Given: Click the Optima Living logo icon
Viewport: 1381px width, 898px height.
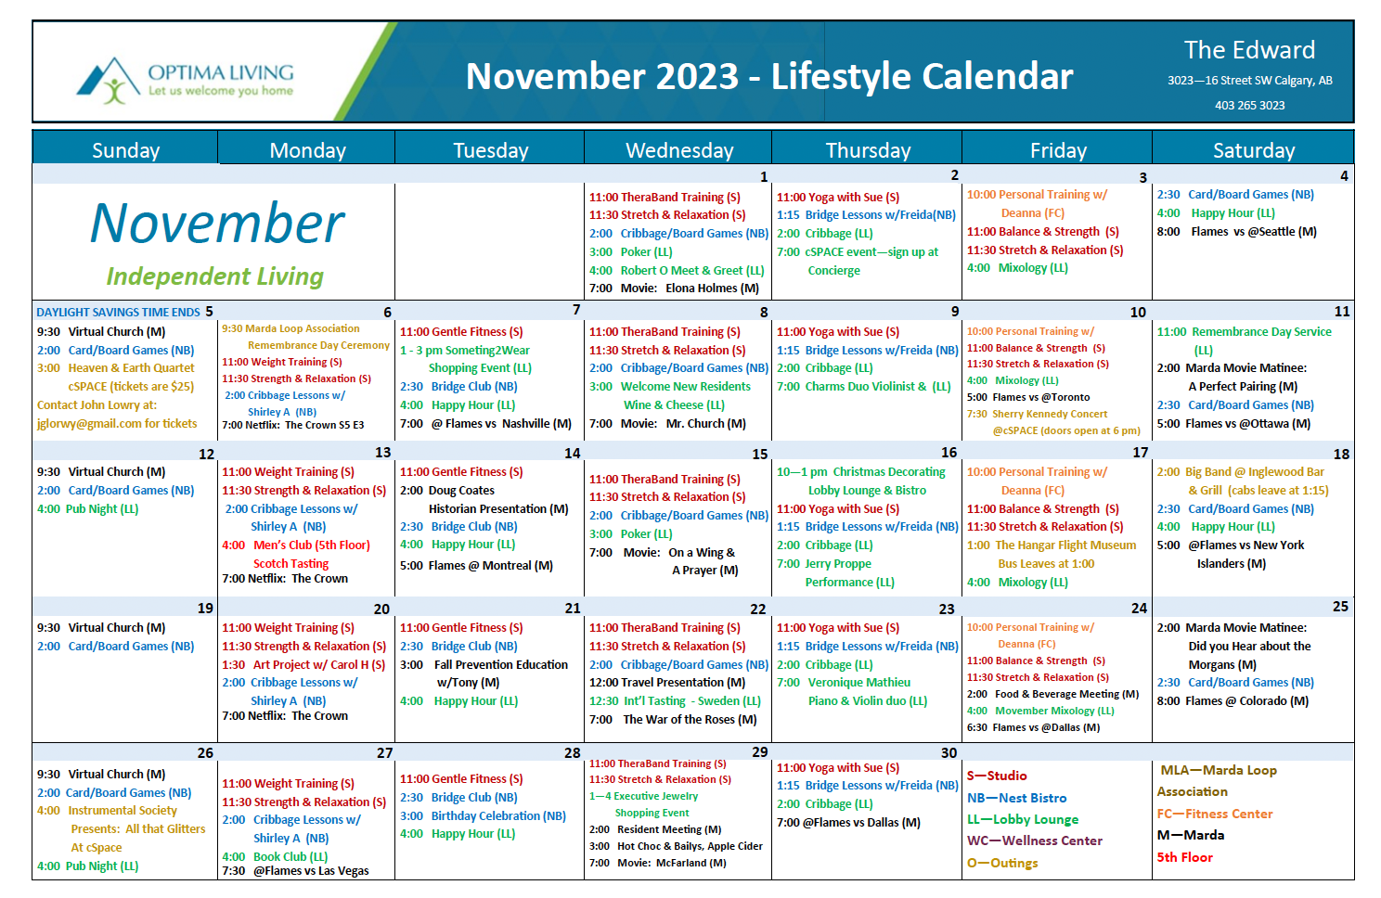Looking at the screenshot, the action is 108,80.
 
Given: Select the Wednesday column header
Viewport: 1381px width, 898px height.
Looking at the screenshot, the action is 678,150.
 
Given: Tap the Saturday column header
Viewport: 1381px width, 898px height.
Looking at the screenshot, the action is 1253,150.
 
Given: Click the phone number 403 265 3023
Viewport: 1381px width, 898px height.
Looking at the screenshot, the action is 1250,106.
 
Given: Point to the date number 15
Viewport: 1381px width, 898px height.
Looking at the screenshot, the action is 759,455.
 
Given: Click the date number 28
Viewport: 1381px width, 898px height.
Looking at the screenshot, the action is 572,752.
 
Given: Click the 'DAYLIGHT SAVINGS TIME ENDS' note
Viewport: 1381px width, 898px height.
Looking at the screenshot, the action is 119,313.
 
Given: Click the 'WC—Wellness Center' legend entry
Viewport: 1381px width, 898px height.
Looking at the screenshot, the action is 1035,840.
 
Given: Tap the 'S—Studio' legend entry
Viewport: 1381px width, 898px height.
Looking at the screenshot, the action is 997,776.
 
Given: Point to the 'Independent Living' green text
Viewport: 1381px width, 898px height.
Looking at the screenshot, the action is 215,276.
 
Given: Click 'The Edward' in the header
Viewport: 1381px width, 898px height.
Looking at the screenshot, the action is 1250,50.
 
